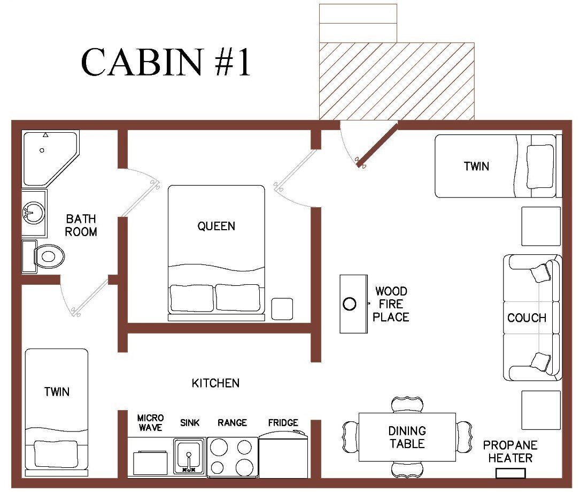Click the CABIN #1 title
point(166,62)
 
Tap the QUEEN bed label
point(216,226)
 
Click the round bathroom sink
point(34,213)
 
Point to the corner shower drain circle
point(42,150)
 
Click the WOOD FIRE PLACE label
point(391,304)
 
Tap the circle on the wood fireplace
point(349,304)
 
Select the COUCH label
point(527,318)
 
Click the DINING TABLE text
point(407,437)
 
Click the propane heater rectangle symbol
point(511,473)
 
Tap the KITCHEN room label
point(215,383)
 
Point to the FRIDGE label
point(283,423)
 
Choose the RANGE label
point(232,423)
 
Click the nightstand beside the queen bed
point(282,309)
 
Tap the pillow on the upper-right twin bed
point(540,166)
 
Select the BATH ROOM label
point(81,225)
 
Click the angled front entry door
point(377,144)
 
